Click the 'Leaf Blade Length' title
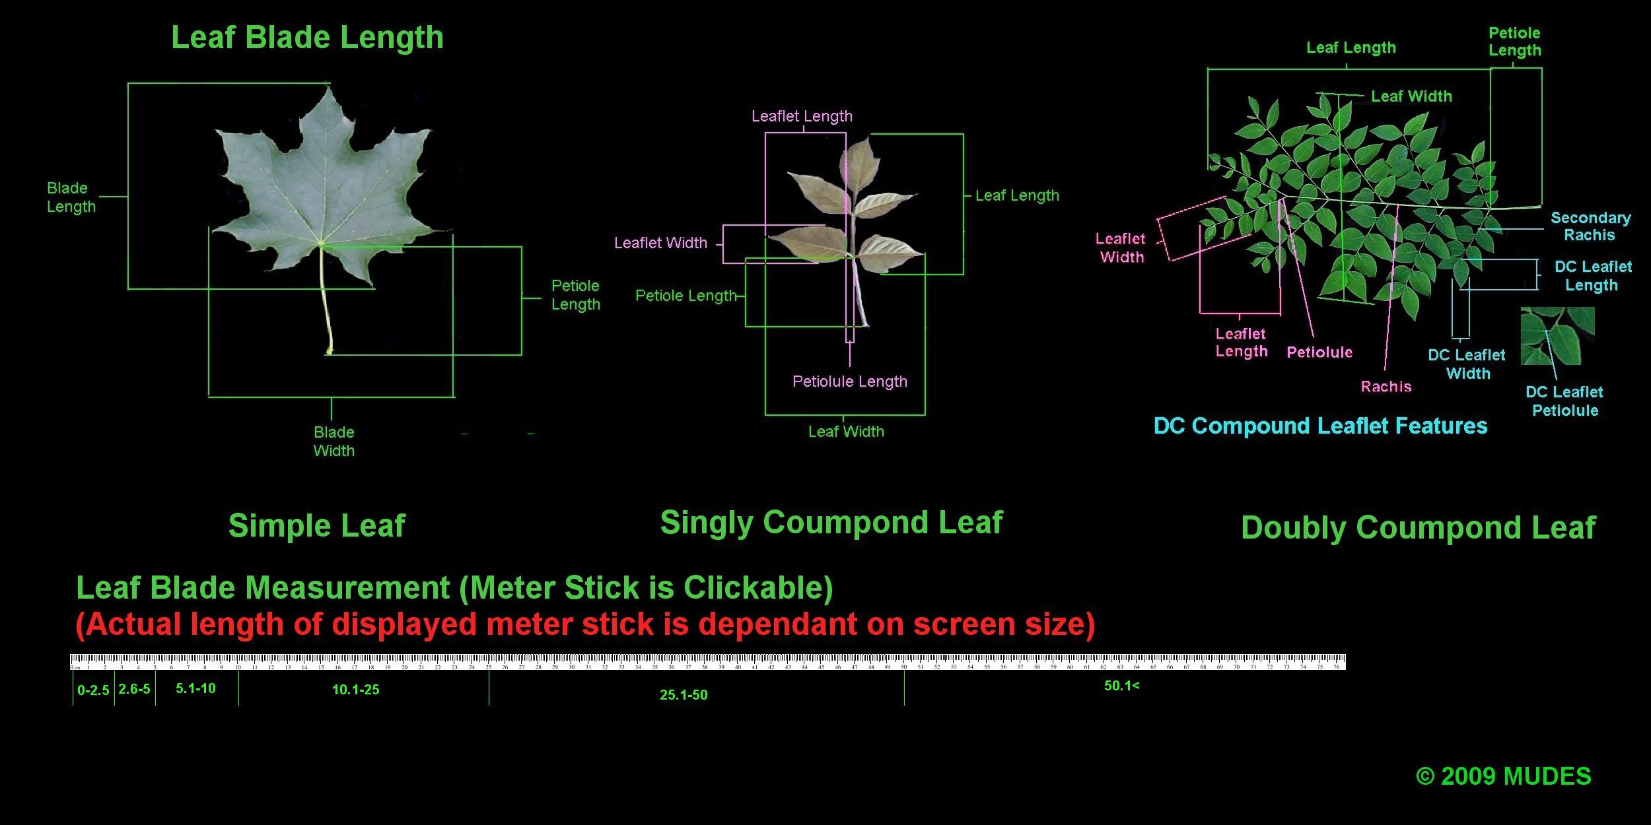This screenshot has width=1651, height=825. pos(307,38)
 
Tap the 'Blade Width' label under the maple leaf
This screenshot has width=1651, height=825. pos(334,442)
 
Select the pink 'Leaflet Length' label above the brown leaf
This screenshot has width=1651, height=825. pos(802,116)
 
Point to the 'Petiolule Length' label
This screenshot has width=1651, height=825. pos(849,381)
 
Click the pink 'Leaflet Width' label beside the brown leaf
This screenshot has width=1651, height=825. pos(660,243)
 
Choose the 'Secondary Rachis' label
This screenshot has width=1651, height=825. pos(1590,226)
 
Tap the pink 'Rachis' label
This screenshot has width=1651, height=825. pos(1386,387)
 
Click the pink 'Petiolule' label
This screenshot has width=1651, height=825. pos(1319,352)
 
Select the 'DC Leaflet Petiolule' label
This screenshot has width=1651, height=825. pos(1564,401)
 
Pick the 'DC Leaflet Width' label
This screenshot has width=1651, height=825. pos(1467,364)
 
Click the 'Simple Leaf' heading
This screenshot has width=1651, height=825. pos(316,526)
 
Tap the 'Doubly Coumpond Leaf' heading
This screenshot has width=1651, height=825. pos(1418,528)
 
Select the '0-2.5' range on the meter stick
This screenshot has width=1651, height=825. pos(93,690)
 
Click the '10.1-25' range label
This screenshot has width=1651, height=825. pos(355,690)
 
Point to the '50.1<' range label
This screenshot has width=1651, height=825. pos(1121,686)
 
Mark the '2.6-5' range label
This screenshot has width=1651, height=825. pos(134,689)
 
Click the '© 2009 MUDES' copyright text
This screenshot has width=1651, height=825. pos(1503,776)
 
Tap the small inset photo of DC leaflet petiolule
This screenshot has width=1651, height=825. pos(1557,336)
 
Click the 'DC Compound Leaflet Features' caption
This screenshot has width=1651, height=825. pos(1320,426)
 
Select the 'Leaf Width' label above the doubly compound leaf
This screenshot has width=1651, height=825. pos(1411,96)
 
